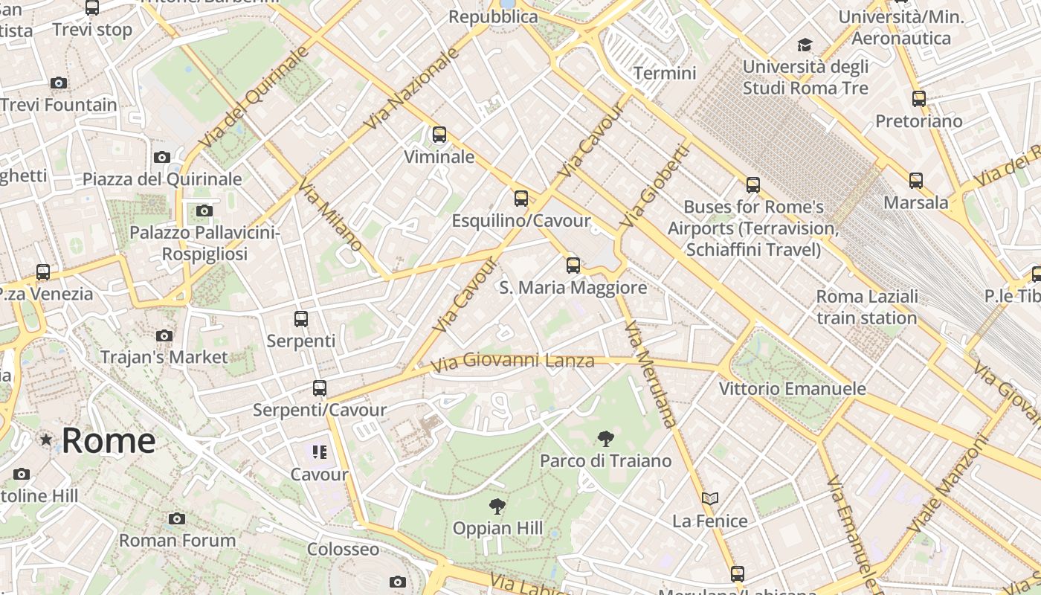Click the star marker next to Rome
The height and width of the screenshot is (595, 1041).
pyautogui.click(x=46, y=440)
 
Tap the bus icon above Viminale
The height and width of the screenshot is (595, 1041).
pyautogui.click(x=439, y=135)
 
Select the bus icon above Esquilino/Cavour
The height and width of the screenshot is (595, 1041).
pyautogui.click(x=521, y=199)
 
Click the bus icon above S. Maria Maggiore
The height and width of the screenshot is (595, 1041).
pyautogui.click(x=573, y=265)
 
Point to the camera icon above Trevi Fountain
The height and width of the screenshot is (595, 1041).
pyautogui.click(x=59, y=83)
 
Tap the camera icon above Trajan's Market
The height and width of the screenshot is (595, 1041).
pyautogui.click(x=164, y=335)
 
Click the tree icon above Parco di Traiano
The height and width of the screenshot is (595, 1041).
pyautogui.click(x=606, y=439)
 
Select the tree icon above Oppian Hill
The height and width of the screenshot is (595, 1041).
pyautogui.click(x=497, y=506)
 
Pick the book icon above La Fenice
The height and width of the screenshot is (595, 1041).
pyautogui.click(x=710, y=498)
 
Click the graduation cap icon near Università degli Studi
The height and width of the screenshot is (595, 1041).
pyautogui.click(x=805, y=45)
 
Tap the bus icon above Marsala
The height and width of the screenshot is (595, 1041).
pyautogui.click(x=916, y=180)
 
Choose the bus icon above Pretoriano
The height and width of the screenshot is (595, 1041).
pyautogui.click(x=919, y=98)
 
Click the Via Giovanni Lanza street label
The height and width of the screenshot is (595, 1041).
pyautogui.click(x=513, y=361)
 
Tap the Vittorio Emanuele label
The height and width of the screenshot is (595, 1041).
pyautogui.click(x=793, y=388)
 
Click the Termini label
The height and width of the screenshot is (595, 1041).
pyautogui.click(x=665, y=73)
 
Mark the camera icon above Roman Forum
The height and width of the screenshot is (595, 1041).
pyautogui.click(x=176, y=518)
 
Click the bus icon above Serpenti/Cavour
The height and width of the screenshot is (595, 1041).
pyautogui.click(x=320, y=387)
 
